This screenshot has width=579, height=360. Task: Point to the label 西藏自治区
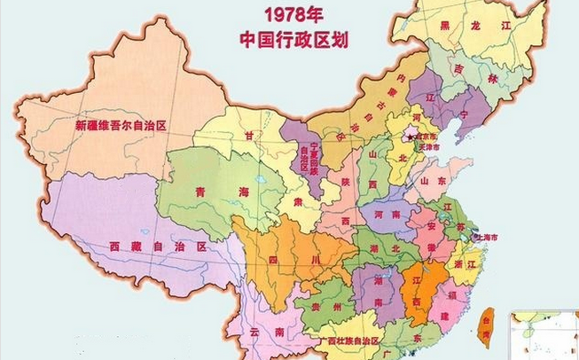(x=156, y=247)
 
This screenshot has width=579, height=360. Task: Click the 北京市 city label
(x=426, y=137)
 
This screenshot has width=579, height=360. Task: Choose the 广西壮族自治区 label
(x=341, y=340)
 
